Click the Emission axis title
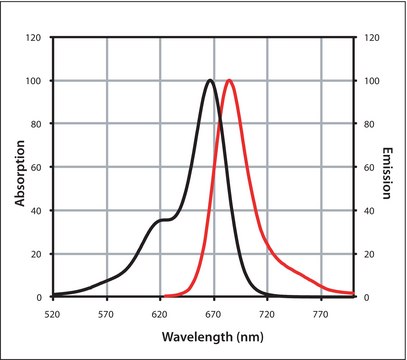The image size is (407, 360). [389, 167]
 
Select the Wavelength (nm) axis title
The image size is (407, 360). [204, 337]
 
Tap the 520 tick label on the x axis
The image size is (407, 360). [53, 313]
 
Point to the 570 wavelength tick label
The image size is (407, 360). [106, 313]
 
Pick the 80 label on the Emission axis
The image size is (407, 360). [366, 124]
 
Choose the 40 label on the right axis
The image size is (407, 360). [366, 211]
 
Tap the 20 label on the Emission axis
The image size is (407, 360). [366, 254]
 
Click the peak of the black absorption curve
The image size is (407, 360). [209, 81]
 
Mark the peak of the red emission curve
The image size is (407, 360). [230, 81]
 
